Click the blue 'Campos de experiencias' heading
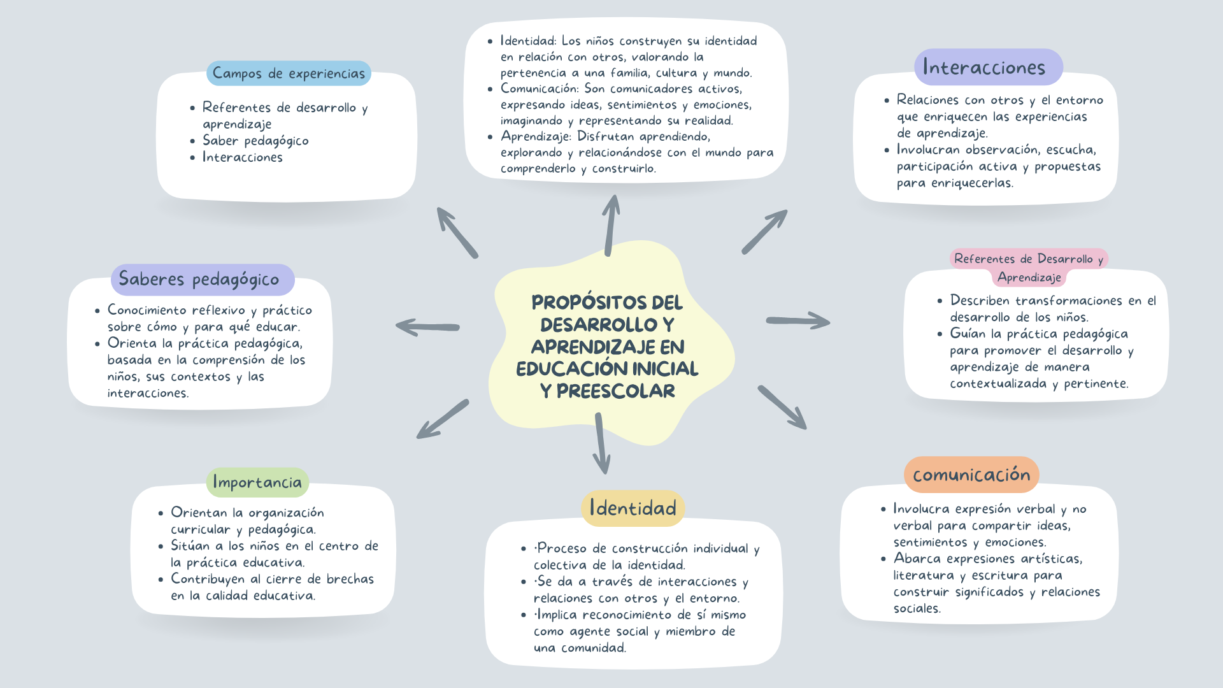(289, 73)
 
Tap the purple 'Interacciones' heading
(983, 68)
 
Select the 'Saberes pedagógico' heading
(199, 279)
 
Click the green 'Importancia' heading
(257, 482)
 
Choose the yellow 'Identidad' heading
(633, 508)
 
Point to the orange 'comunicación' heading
(971, 475)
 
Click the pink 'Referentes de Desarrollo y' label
(1028, 259)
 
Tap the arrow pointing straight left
(427, 327)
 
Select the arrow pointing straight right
(798, 321)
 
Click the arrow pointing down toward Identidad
(601, 443)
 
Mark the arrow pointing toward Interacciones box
(764, 232)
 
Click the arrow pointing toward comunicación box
(782, 407)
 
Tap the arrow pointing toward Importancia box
(443, 419)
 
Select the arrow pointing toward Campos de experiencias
(457, 232)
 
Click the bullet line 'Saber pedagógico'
(255, 141)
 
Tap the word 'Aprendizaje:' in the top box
(536, 136)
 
